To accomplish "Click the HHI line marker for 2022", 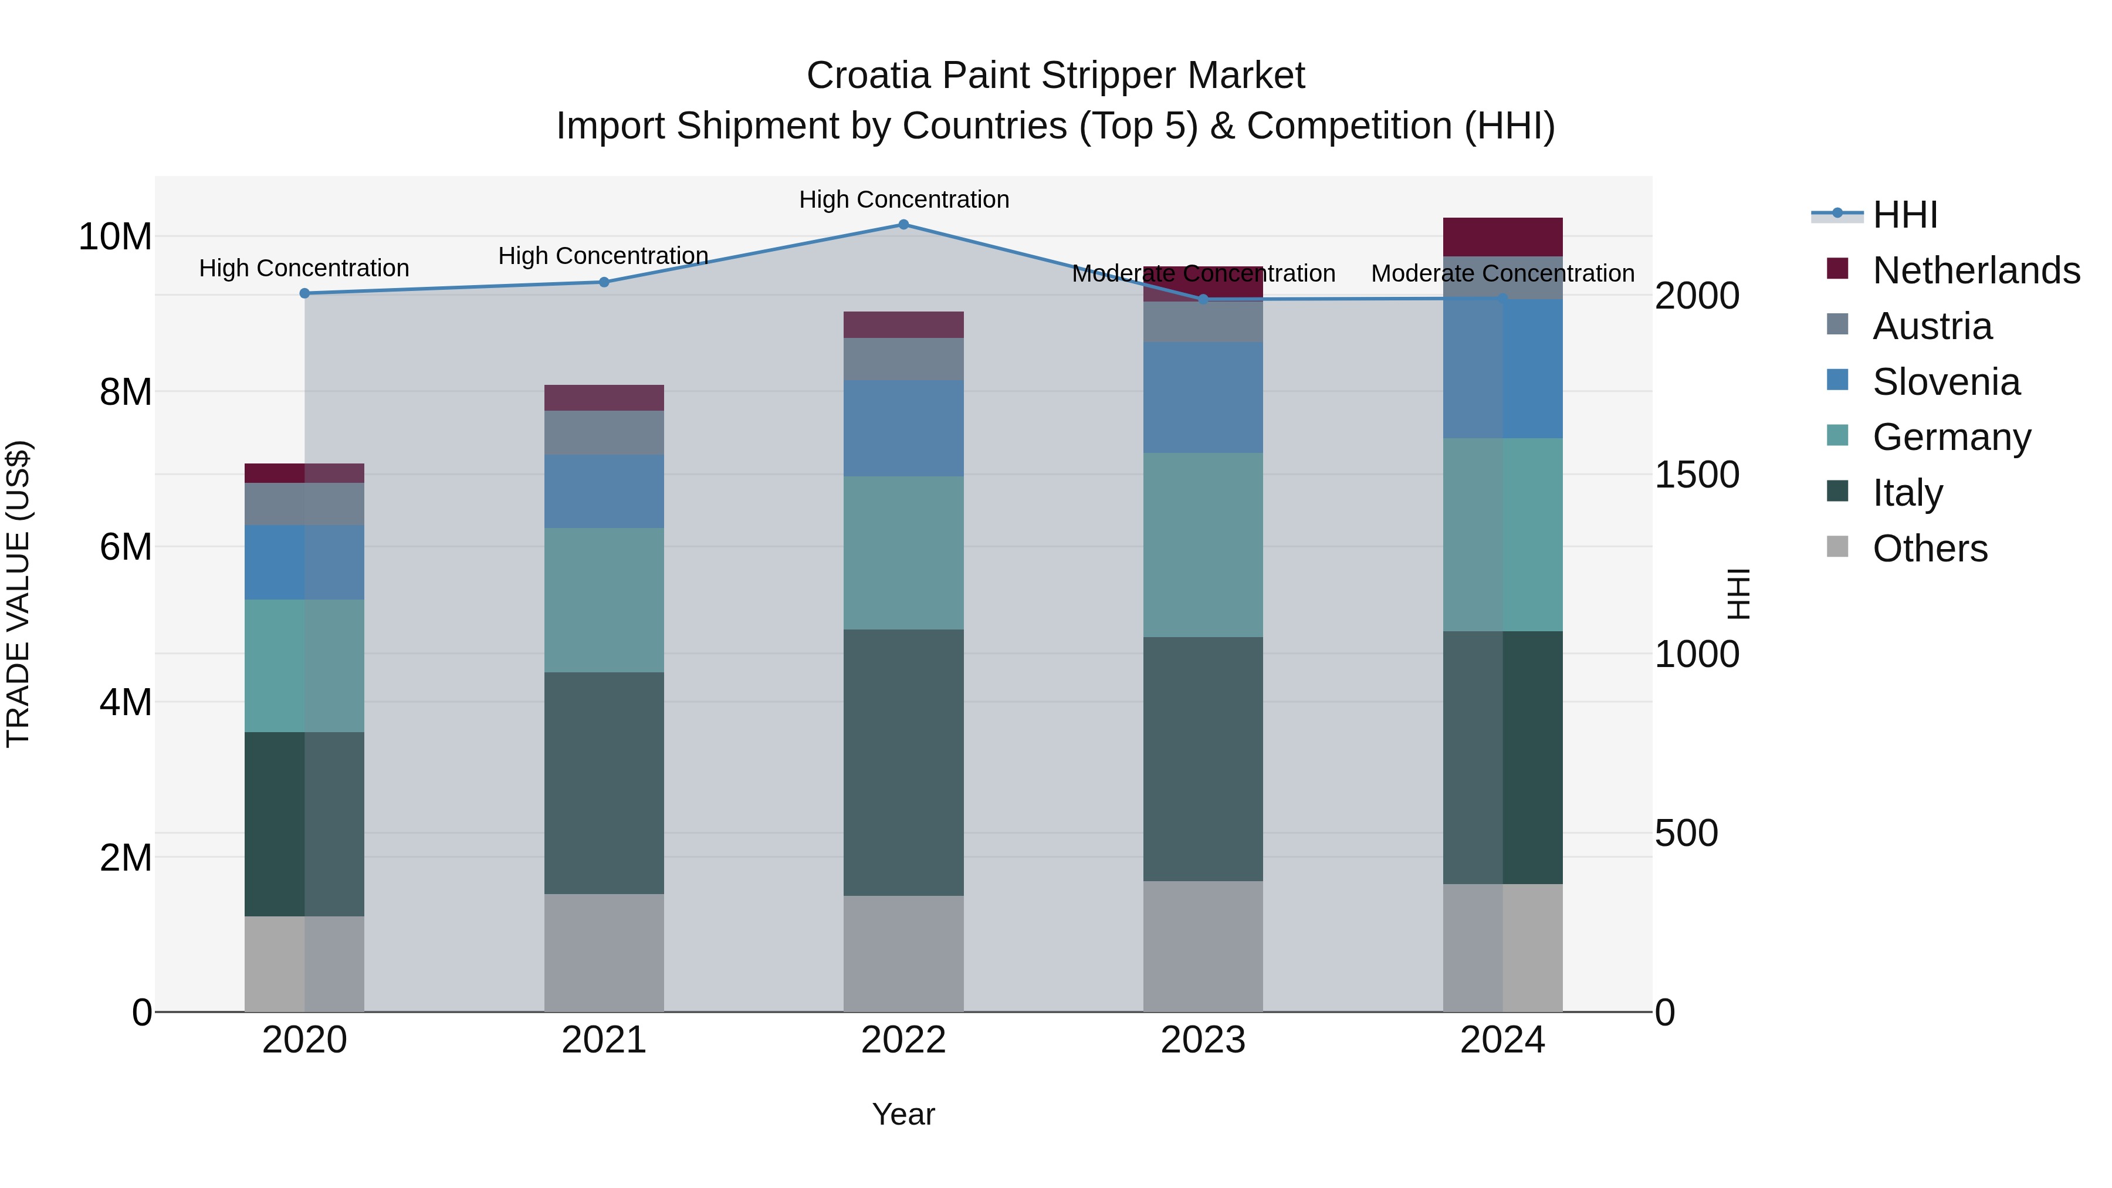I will (x=903, y=225).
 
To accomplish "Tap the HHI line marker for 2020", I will (x=304, y=293).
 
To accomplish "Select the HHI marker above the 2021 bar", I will (x=604, y=282).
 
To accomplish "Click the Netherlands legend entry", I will (x=1976, y=270).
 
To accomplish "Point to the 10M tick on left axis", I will (x=115, y=237).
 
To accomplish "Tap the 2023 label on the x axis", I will (x=1203, y=1040).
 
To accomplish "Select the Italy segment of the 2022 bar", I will (x=903, y=763).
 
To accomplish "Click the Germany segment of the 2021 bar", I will (x=604, y=600).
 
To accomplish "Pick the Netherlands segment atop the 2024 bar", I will (x=1503, y=237).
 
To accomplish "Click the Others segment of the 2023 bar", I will (x=1203, y=947).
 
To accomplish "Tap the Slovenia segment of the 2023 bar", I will (x=1203, y=398).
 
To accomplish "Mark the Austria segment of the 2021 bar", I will (x=604, y=433).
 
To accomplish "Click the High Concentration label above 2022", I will (x=903, y=199).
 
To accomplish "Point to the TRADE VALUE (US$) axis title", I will (x=18, y=594).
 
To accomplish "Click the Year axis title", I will (x=903, y=1114).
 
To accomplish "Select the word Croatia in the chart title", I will (x=868, y=76).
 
